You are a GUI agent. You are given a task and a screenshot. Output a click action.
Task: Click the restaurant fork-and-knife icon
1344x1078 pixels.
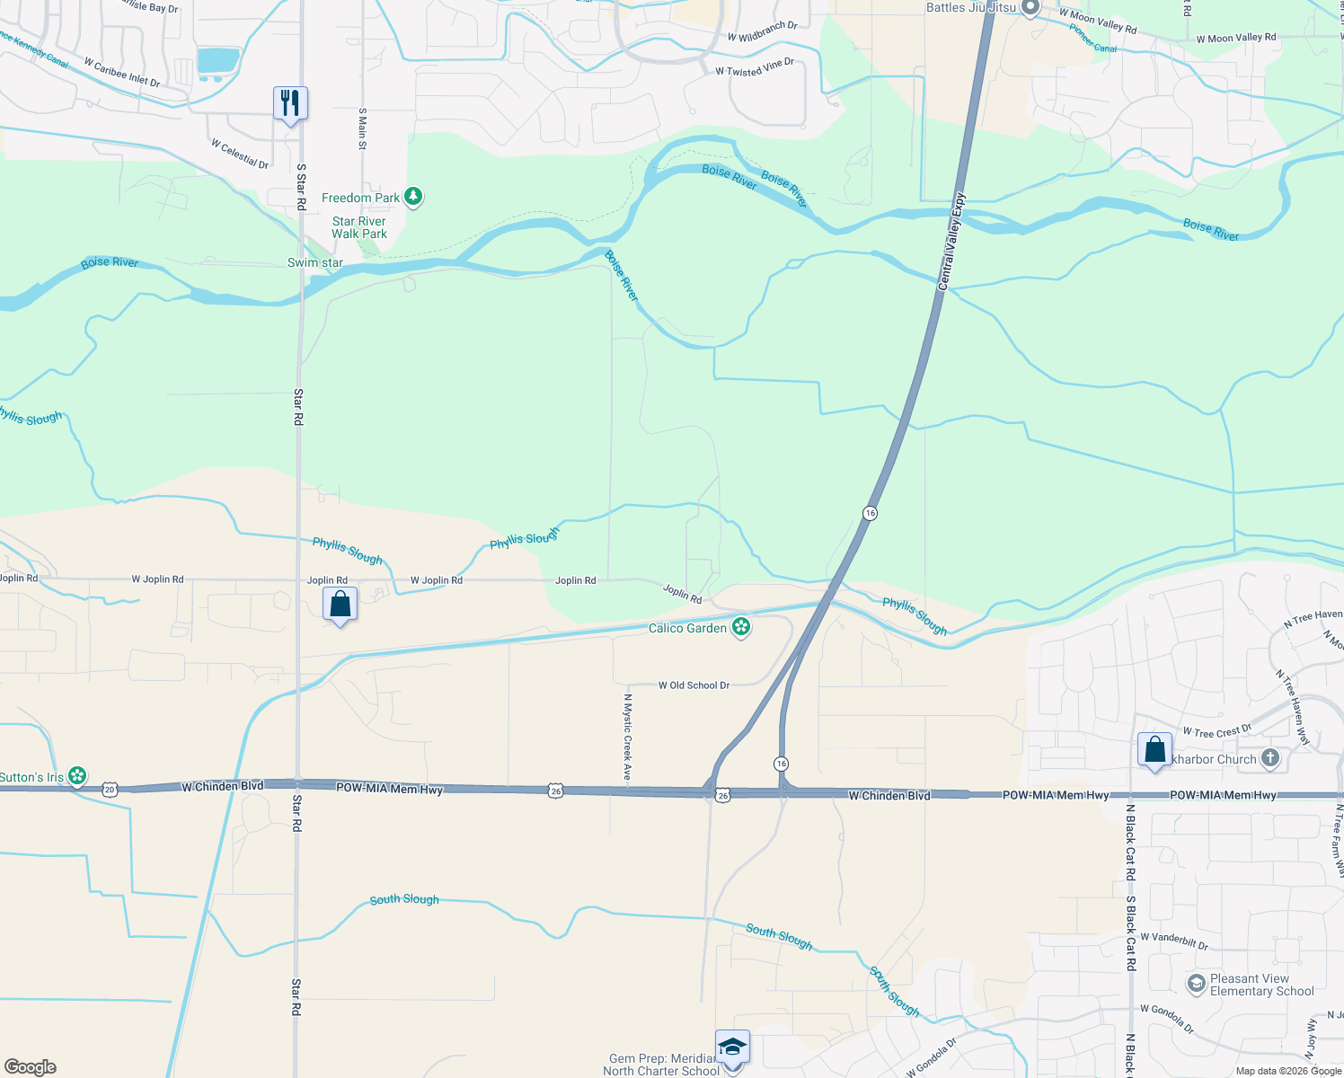290,103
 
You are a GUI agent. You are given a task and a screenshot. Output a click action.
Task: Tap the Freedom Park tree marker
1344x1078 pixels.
413,197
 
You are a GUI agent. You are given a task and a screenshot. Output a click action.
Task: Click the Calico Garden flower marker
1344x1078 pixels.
741,627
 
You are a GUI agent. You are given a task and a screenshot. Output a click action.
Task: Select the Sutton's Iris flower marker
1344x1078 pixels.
78,775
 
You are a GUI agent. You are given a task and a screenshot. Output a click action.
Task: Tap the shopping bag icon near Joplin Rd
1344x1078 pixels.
340,604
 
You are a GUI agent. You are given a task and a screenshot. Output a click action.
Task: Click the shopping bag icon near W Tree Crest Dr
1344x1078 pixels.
1154,749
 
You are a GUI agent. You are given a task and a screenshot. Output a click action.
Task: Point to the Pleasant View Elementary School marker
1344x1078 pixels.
1196,984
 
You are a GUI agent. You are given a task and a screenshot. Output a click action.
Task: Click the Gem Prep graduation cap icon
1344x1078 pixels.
732,1048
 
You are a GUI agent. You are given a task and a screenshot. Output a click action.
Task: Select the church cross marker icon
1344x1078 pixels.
1269,758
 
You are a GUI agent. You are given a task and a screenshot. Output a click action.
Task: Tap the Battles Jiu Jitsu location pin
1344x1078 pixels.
1030,8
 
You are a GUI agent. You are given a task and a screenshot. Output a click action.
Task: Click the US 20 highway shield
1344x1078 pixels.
110,788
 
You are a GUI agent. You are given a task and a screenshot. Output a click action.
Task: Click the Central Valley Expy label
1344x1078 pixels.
951,241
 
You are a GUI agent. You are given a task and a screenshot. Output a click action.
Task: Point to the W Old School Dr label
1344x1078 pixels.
694,685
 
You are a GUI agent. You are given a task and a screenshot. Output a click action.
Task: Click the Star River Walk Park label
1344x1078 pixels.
358,227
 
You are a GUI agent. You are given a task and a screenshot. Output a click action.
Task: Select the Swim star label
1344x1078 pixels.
314,262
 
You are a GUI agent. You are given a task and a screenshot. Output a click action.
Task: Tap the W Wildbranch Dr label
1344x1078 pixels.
762,31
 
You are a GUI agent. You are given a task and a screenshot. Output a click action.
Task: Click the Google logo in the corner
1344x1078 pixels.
30,1066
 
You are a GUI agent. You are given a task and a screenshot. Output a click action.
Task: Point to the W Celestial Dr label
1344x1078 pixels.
240,154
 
